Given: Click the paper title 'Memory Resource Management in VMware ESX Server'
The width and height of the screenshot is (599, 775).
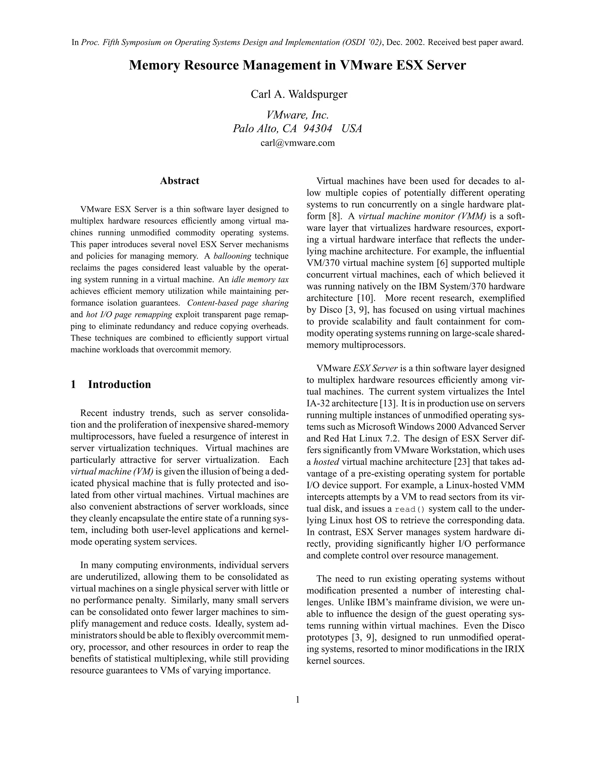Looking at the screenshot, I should (x=297, y=65).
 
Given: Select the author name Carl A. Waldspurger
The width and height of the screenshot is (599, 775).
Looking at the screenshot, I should (x=299, y=94).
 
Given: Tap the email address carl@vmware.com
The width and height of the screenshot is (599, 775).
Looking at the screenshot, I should (x=297, y=143).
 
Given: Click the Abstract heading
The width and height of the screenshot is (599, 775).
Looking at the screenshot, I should (x=179, y=181).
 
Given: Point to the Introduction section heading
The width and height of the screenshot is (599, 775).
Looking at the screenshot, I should (x=119, y=384).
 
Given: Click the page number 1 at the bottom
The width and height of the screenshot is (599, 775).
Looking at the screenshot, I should (x=298, y=700).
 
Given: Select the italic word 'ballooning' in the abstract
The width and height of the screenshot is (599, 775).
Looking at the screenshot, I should (x=232, y=256).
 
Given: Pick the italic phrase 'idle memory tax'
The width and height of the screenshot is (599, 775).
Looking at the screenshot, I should (x=260, y=279).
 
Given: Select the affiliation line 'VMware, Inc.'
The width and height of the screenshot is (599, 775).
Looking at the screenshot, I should (x=297, y=115).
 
